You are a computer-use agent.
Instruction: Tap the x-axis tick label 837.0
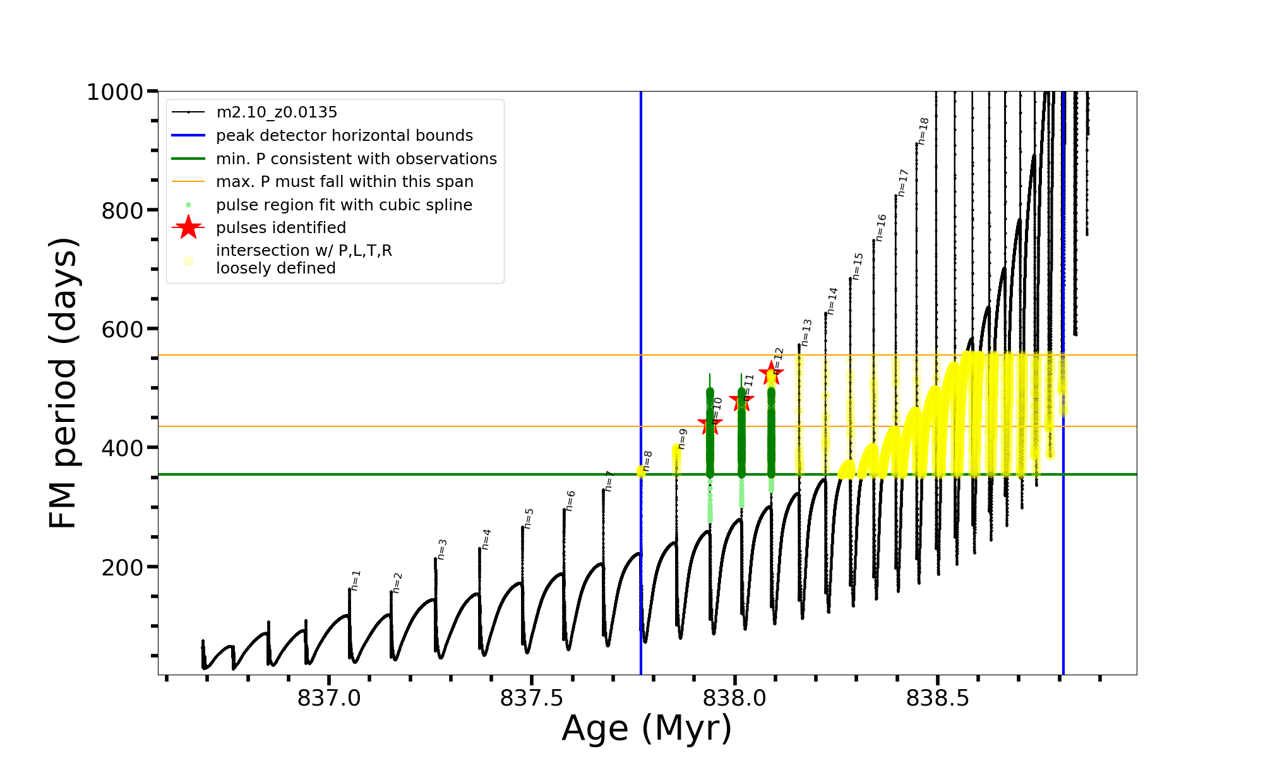tap(329, 698)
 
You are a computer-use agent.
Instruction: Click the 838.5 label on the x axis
tap(938, 698)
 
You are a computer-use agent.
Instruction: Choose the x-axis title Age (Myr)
tap(647, 728)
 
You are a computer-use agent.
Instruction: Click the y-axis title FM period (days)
tap(63, 383)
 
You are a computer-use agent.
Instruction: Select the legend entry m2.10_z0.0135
tap(277, 112)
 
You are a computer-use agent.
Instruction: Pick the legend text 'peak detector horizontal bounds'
tap(344, 136)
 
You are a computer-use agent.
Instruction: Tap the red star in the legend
tap(188, 228)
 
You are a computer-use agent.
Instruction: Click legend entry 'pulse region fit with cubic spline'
tap(344, 205)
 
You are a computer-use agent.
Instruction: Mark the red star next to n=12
tap(771, 373)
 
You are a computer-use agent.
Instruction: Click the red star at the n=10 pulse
tap(710, 424)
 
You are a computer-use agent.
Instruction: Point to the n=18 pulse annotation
tap(923, 131)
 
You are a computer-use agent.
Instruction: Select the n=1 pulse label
tap(356, 581)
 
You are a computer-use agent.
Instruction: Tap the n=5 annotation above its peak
tap(529, 518)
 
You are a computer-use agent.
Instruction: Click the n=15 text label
tap(857, 266)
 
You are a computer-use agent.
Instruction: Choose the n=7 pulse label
tap(609, 481)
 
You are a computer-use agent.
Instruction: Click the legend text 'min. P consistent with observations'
tap(356, 159)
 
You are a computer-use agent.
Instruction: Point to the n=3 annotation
tap(442, 549)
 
